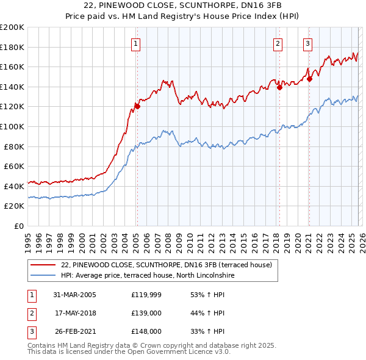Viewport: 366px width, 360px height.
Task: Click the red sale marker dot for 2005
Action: [137, 106]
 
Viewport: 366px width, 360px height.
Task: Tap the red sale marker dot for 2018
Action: [279, 87]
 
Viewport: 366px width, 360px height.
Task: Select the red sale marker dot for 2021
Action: [309, 78]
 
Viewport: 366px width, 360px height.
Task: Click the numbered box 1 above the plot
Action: [135, 43]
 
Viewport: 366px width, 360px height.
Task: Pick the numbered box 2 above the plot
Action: [278, 43]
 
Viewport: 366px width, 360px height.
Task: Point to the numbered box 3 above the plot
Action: [307, 43]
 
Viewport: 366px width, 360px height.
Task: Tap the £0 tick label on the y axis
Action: [18, 226]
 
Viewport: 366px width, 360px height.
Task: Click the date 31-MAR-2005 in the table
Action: [74, 295]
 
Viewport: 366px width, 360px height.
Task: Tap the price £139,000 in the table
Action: [146, 313]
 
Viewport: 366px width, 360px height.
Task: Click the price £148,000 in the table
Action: [146, 331]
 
